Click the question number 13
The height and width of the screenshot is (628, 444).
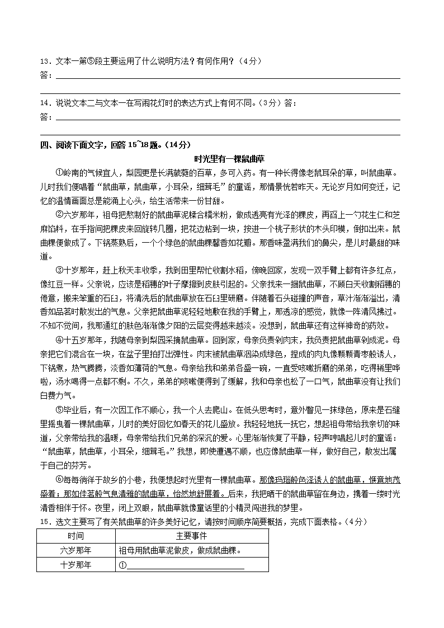click(x=44, y=61)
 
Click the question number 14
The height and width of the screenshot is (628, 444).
click(x=44, y=103)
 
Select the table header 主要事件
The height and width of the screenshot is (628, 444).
click(x=192, y=536)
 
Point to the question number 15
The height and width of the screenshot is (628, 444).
click(x=44, y=522)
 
